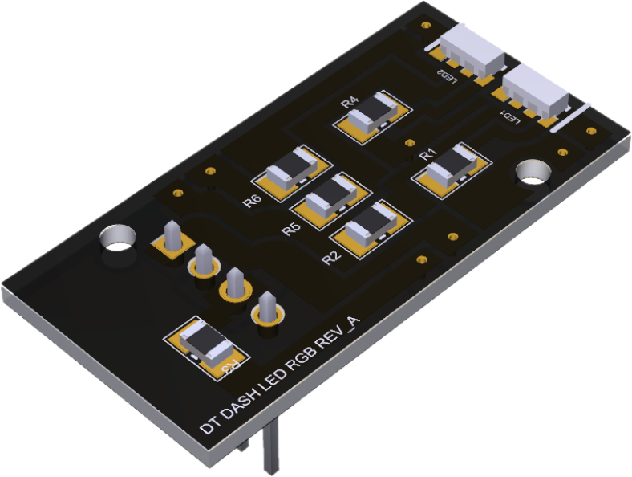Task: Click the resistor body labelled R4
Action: tap(375, 112)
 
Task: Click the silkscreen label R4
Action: tap(349, 103)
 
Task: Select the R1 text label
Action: tap(427, 153)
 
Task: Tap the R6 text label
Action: tap(251, 201)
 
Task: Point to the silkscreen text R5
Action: tap(291, 230)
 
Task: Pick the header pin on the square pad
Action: tap(172, 235)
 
